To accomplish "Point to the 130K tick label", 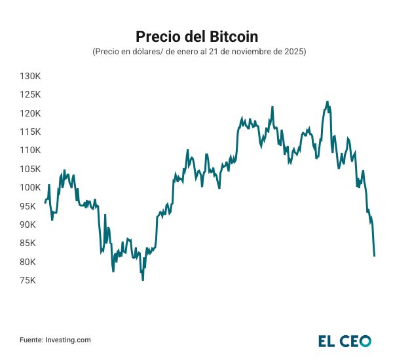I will tap(31, 76).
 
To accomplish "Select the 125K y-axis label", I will tap(31, 94).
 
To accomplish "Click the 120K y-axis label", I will tap(31, 113).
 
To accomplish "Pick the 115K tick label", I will tap(31, 132).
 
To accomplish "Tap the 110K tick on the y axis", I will tap(31, 150).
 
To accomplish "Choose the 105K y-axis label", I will tap(31, 169).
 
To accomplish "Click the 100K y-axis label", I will tap(31, 187).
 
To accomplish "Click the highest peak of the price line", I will tap(327, 102).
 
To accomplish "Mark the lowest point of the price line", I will tap(143, 279).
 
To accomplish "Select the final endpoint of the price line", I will tap(374, 255).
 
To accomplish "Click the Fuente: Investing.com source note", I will tap(55, 340).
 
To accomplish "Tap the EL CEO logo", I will tap(345, 340).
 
